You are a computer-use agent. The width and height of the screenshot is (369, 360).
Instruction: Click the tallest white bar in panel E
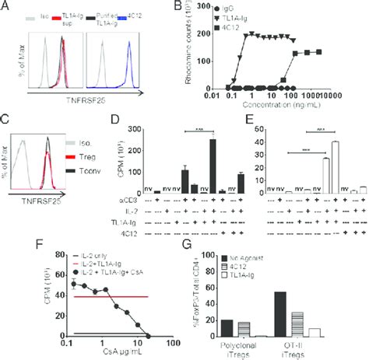click(334, 165)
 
